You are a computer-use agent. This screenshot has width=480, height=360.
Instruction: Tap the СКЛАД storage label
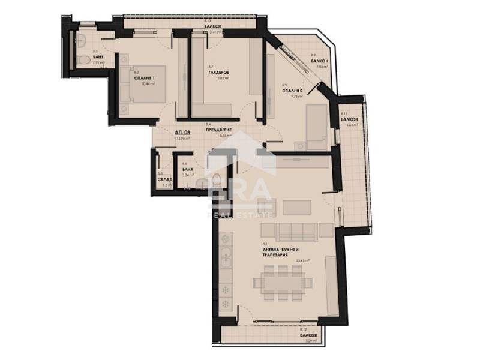pos(164,179)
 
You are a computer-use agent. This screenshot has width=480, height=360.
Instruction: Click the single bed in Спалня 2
pos(316,127)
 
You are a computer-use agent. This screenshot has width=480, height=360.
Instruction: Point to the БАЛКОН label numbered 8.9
pos(320,61)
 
